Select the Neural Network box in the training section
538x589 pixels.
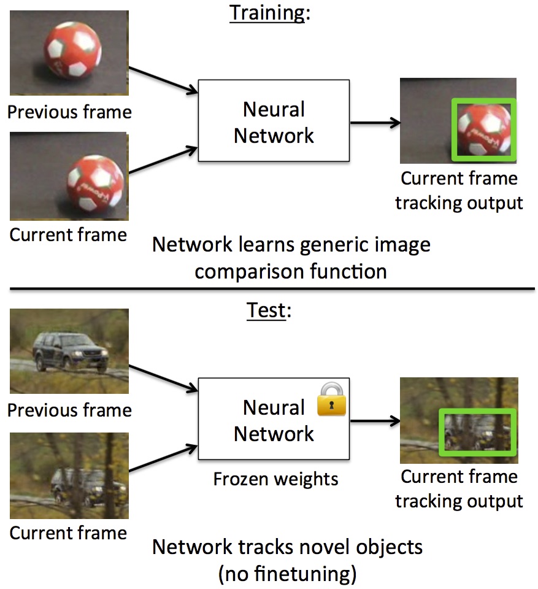(273, 121)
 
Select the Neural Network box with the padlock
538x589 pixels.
(273, 420)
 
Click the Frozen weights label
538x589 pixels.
(275, 479)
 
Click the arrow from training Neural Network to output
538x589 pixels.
(374, 123)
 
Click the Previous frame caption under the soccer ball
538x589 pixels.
(69, 112)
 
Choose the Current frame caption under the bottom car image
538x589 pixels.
(68, 533)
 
